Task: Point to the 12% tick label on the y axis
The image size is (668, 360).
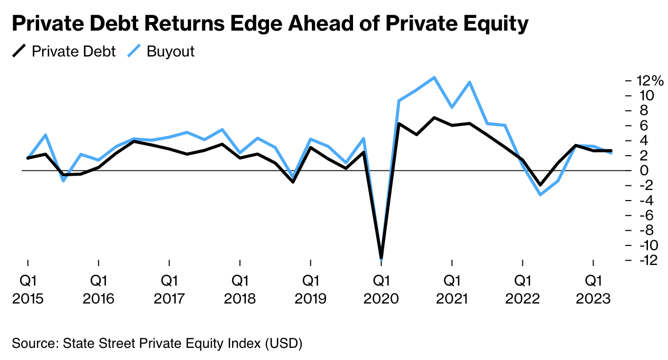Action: point(650,81)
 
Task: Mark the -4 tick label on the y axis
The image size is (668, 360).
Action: point(645,201)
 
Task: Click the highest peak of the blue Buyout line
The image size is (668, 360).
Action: point(434,78)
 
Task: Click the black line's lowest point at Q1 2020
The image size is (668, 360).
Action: point(381,257)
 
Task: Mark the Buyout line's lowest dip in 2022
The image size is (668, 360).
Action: point(540,195)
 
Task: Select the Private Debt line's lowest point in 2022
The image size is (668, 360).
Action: point(540,185)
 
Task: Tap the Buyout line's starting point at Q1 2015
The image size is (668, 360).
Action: point(27,158)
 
